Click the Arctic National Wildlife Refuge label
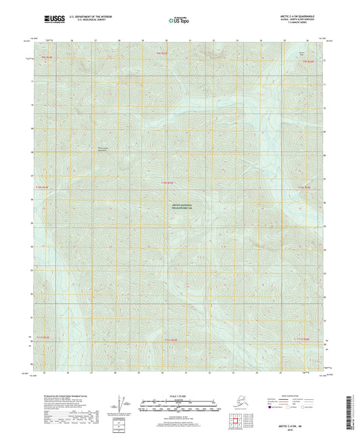(x=180, y=208)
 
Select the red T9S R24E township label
(x=47, y=59)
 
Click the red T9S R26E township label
(x=308, y=61)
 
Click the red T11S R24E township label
(x=44, y=338)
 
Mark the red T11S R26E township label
(x=302, y=338)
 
